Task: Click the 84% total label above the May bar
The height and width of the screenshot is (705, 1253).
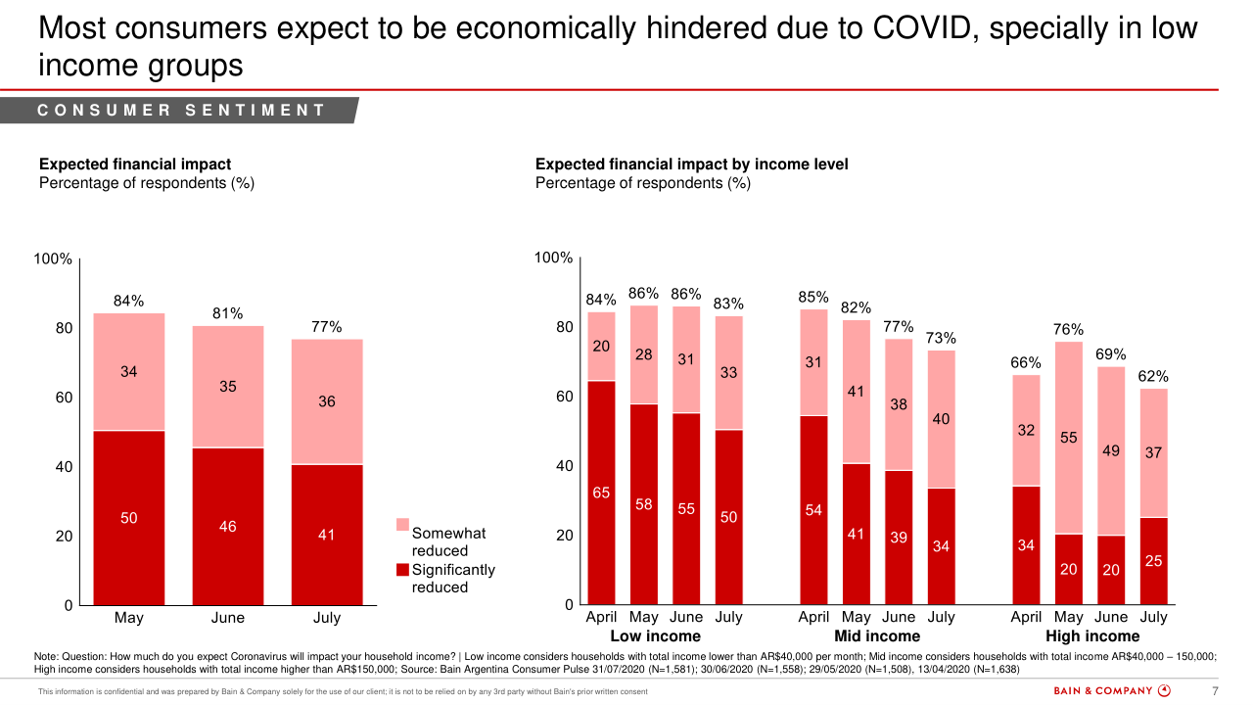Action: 129,301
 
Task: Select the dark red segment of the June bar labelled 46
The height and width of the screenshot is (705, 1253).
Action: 228,526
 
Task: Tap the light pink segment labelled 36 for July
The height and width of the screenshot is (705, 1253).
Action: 327,401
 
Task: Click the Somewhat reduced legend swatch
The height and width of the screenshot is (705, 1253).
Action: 402,526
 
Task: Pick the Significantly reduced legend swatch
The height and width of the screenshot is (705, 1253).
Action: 402,569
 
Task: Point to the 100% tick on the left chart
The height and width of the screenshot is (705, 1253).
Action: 53,258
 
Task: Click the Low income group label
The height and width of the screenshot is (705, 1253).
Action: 655,636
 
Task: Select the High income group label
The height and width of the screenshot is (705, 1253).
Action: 1092,636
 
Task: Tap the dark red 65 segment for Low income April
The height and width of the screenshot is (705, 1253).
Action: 601,493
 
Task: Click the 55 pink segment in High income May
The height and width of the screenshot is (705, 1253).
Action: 1068,438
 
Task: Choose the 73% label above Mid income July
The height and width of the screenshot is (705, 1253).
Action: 941,338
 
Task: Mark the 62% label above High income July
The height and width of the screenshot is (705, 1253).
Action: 1153,376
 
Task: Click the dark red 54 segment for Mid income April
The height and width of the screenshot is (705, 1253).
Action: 813,509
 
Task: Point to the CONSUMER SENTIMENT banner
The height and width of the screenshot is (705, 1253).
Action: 182,111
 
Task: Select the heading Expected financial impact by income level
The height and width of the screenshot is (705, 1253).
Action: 692,164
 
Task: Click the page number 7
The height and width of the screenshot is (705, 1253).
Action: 1216,690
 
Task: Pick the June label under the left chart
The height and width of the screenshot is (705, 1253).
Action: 228,618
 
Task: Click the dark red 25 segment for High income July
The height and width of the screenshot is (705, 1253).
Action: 1153,560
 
